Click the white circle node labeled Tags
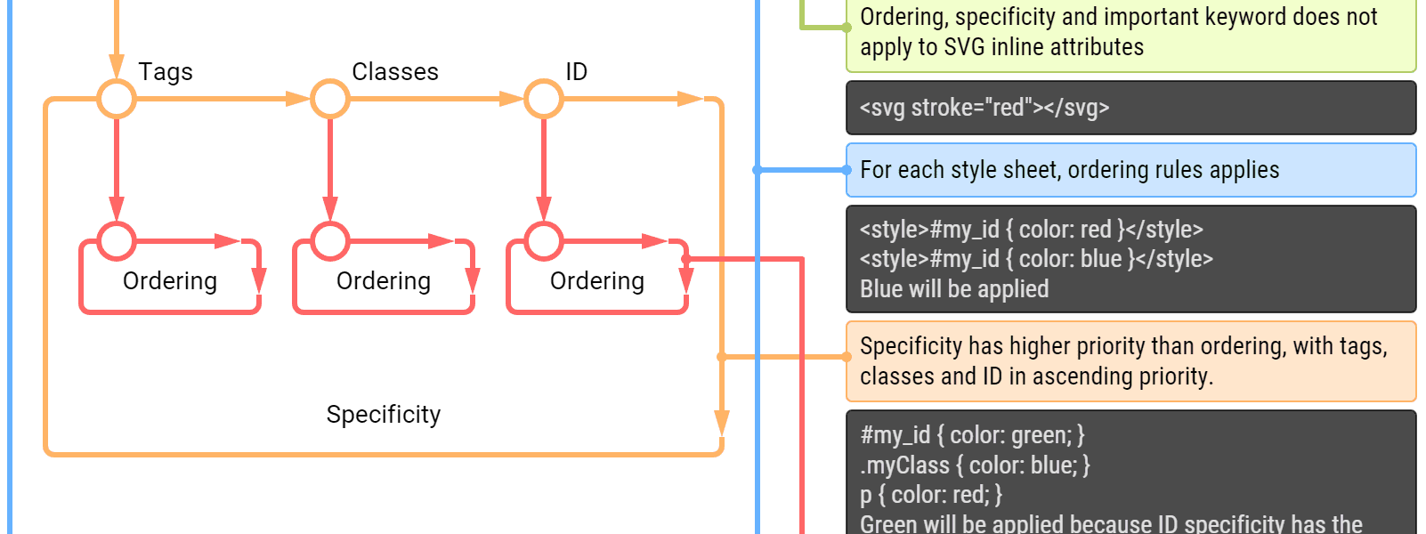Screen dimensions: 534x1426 [x=117, y=99]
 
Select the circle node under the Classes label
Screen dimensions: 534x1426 [x=330, y=99]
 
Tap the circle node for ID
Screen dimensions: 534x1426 [x=544, y=99]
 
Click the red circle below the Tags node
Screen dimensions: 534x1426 [x=117, y=240]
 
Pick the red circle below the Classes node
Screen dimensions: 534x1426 [x=330, y=240]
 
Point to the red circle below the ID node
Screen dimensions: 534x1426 [x=544, y=240]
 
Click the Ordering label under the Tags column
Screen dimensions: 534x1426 [x=169, y=282]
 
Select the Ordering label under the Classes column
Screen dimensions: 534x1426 [x=383, y=282]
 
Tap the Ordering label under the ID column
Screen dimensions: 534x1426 [x=596, y=282]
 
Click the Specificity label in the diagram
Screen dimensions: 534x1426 [x=384, y=416]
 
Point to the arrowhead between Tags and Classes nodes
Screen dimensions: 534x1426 [x=297, y=99]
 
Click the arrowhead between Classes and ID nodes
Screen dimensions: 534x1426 [x=511, y=99]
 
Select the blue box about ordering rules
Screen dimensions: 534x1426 [x=1130, y=170]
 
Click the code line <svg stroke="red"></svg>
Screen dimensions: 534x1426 [x=984, y=108]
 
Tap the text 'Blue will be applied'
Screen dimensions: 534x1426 [x=954, y=289]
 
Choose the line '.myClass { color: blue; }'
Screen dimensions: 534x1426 [x=975, y=465]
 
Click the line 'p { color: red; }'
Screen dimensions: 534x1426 [x=931, y=495]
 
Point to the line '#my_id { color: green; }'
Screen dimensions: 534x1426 [x=972, y=435]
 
